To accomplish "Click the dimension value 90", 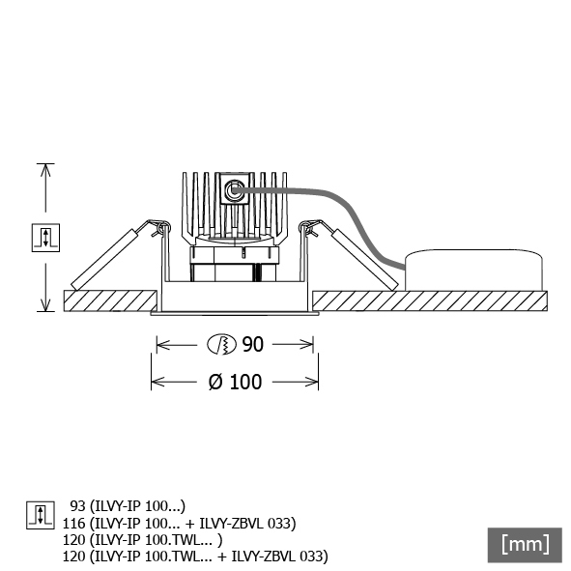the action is [x=252, y=344].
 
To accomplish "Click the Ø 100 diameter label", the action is [x=235, y=382].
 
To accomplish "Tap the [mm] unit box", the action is [x=525, y=545].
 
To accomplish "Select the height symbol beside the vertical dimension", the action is [x=45, y=238].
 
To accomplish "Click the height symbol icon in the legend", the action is [x=41, y=515].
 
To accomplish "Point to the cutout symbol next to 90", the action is [x=221, y=344].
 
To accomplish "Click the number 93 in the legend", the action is [x=77, y=506].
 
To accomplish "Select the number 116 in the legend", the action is [x=74, y=524].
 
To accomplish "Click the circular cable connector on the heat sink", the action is [x=233, y=190].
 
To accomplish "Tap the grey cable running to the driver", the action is [x=350, y=212].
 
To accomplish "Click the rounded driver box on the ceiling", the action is [x=473, y=270].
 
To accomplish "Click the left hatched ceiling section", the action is [x=110, y=300].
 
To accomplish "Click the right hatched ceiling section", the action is [x=430, y=300].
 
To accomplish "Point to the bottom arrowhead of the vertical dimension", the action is [x=45, y=309].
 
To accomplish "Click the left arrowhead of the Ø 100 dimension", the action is [x=154, y=382].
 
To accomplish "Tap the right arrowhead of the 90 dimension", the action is [x=310, y=344].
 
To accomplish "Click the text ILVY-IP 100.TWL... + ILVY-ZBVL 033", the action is [x=209, y=557].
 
